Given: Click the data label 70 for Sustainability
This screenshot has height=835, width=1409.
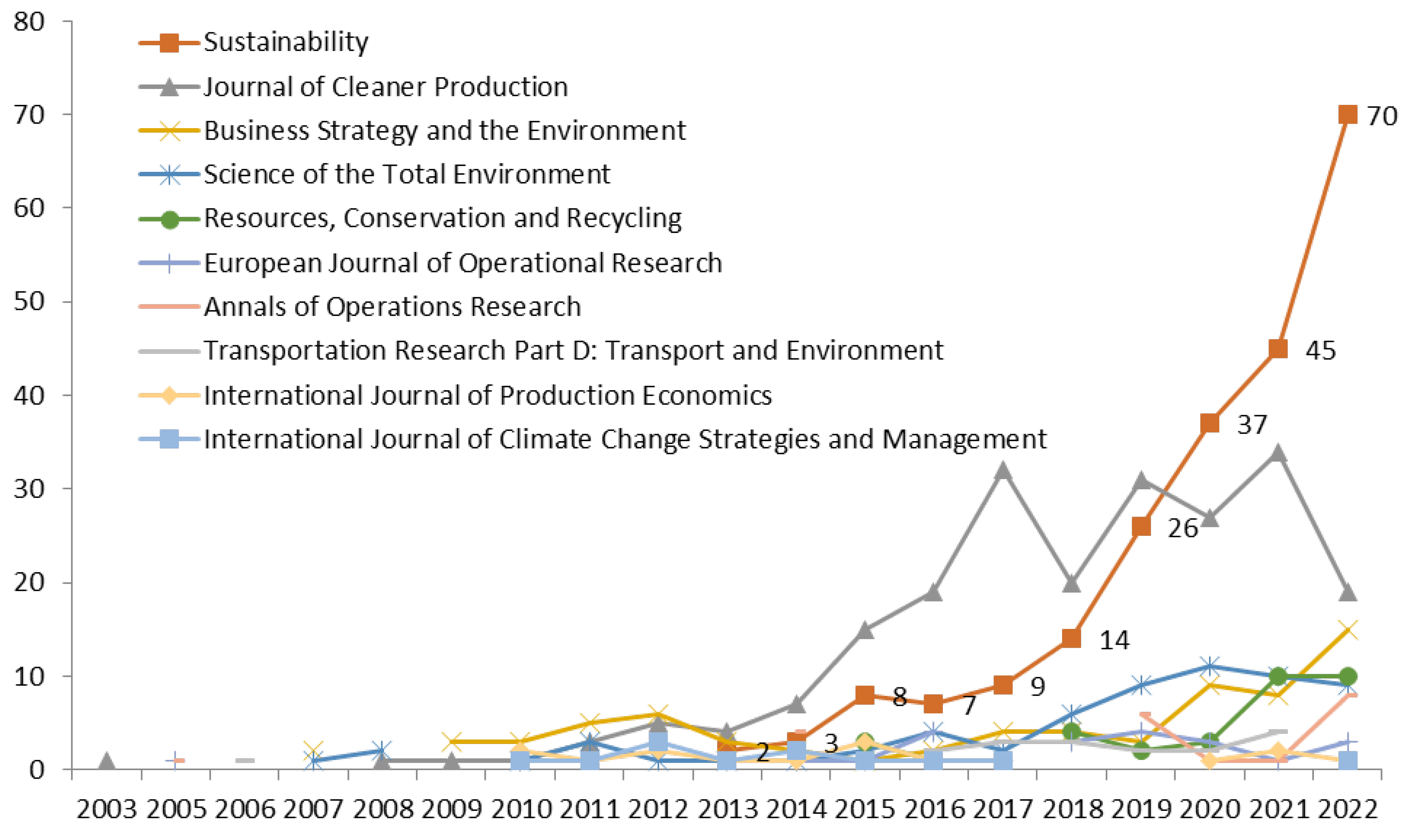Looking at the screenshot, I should pyautogui.click(x=1382, y=116).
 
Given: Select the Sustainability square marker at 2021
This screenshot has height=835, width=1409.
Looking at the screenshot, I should pyautogui.click(x=1278, y=349).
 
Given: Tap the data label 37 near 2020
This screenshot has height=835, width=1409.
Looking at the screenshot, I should pyautogui.click(x=1251, y=425).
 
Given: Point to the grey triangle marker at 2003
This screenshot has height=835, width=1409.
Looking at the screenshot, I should pyautogui.click(x=107, y=762).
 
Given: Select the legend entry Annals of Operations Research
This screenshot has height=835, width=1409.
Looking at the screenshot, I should pyautogui.click(x=392, y=306).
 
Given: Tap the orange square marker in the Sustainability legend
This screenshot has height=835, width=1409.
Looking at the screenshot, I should pyautogui.click(x=169, y=42).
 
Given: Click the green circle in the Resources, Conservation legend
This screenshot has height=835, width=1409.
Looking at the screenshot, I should pyautogui.click(x=169, y=218).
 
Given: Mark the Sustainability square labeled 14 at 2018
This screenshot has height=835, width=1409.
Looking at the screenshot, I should pyautogui.click(x=1071, y=639).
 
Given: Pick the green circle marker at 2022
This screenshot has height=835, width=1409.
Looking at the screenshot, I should pyautogui.click(x=1347, y=676).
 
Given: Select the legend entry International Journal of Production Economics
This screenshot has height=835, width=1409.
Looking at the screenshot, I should pyautogui.click(x=487, y=395).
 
